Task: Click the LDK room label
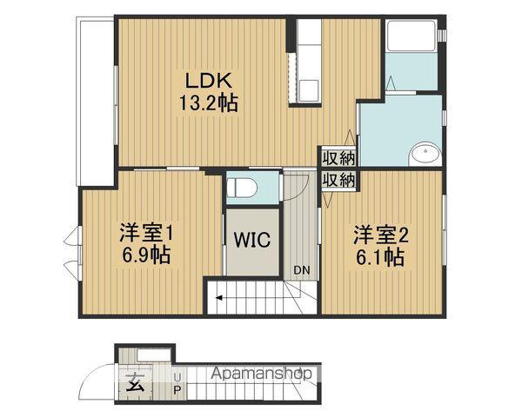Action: click(209, 80)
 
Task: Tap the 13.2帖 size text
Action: click(209, 103)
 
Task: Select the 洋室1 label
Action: click(147, 233)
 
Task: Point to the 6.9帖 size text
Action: click(146, 255)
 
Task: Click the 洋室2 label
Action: click(380, 235)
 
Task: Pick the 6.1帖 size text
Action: click(380, 257)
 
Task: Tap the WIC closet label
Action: click(252, 240)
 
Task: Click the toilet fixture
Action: click(242, 188)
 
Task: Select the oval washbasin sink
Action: click(425, 154)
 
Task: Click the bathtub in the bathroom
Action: click(412, 36)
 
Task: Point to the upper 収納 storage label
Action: click(339, 158)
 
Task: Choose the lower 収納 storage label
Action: click(339, 181)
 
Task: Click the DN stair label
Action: click(302, 270)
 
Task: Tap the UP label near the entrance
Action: click(177, 383)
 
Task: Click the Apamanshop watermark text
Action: click(262, 373)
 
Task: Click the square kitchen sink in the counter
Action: click(309, 90)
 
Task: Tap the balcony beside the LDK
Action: click(96, 102)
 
